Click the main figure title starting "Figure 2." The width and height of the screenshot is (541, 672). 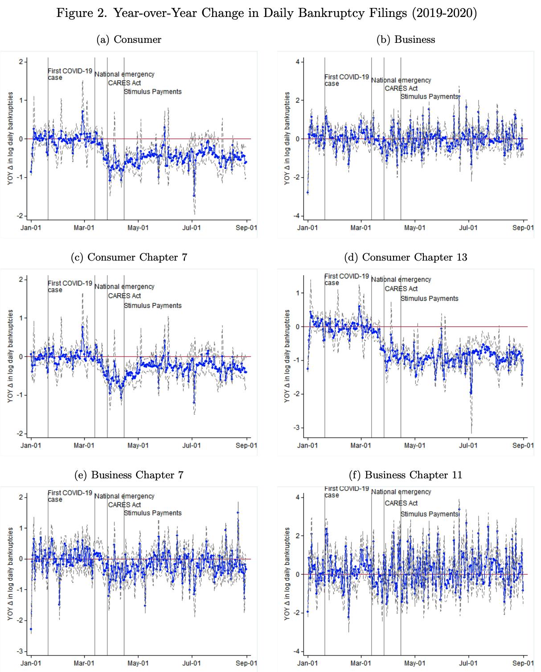click(x=266, y=13)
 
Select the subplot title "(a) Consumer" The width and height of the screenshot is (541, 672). click(x=129, y=39)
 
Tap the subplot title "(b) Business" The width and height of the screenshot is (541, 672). click(x=406, y=39)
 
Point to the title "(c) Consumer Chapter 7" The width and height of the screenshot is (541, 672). click(x=129, y=257)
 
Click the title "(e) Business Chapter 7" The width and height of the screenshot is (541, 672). click(x=129, y=475)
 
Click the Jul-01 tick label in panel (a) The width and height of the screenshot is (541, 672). click(x=191, y=228)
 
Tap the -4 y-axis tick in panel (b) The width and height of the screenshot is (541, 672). click(x=297, y=216)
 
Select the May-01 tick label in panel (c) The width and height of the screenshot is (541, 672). click(x=138, y=445)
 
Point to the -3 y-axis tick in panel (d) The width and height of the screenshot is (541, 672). click(x=297, y=427)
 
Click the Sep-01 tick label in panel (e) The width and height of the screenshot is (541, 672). click(x=246, y=663)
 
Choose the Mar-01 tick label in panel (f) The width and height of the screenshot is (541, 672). click(x=361, y=663)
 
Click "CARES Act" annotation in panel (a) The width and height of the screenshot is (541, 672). click(x=124, y=83)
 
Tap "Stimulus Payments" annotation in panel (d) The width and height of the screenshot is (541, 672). click(x=429, y=299)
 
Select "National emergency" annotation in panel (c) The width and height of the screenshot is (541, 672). click(x=124, y=286)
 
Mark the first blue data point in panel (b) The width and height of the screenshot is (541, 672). click(x=307, y=192)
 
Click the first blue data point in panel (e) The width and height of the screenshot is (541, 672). click(x=31, y=629)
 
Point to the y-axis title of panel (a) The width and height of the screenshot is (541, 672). click(x=10, y=138)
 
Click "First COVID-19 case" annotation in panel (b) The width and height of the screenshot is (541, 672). click(x=346, y=80)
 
